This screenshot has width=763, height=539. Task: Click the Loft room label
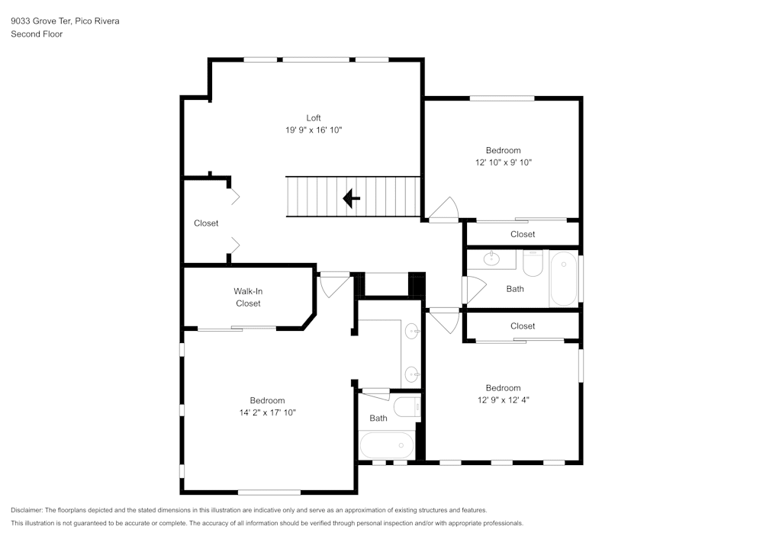[314, 117]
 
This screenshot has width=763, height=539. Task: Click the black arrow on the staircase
[351, 199]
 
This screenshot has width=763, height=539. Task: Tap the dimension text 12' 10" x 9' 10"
[503, 162]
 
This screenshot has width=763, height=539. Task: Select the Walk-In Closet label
[248, 297]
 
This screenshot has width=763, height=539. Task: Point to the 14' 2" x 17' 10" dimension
[267, 412]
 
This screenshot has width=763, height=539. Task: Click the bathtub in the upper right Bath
[564, 279]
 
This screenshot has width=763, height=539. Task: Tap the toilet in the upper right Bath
[533, 264]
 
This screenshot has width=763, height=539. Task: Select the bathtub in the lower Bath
[386, 445]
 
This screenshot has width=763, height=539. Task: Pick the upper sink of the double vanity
[412, 331]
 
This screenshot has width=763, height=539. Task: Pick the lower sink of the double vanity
[412, 374]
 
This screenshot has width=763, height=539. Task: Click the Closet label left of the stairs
[206, 223]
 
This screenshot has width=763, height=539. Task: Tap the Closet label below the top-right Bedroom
[523, 234]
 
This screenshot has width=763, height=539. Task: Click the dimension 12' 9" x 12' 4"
[503, 399]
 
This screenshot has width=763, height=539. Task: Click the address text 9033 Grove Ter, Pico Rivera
[65, 21]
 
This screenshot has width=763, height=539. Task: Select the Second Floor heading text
[37, 34]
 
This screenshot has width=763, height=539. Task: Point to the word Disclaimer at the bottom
[27, 510]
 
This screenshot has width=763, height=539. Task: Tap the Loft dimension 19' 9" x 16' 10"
[314, 130]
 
